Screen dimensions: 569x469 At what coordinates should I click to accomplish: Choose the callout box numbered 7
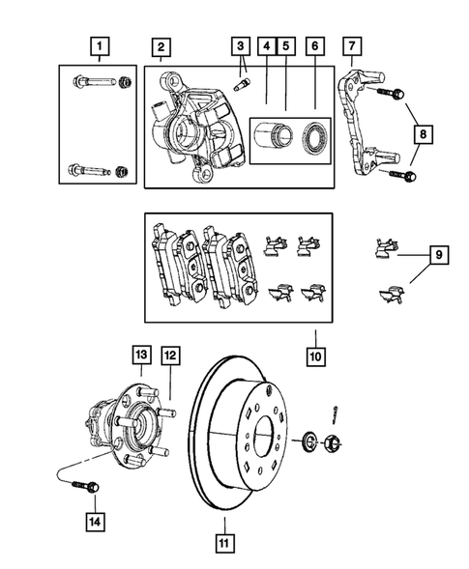350,45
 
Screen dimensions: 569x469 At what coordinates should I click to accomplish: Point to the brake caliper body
193,126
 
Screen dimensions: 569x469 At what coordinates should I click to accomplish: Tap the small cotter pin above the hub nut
335,413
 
